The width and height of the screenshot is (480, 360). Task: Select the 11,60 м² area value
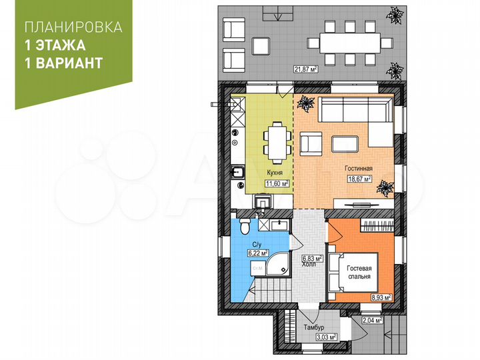(x=277, y=183)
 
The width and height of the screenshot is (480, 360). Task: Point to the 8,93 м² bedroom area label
(x=381, y=298)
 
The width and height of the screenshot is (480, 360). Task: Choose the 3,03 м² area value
(x=327, y=337)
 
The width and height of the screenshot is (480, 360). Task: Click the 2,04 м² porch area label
(x=373, y=320)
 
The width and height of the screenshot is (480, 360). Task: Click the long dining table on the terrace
(x=349, y=43)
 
